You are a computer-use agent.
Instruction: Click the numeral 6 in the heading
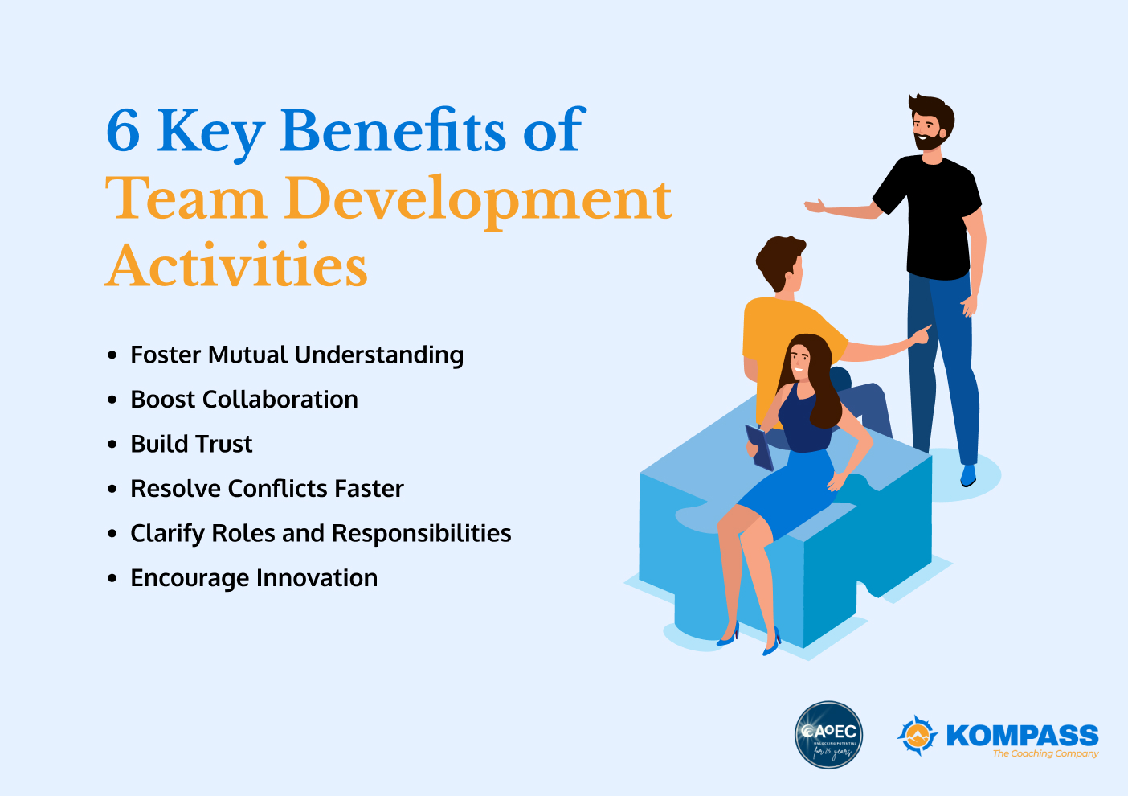tap(124, 130)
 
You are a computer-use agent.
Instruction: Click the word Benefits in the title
tap(393, 130)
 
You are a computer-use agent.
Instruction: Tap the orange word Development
tap(478, 199)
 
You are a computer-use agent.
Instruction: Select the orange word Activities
tap(237, 266)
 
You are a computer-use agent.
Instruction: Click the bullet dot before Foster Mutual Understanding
tap(112, 355)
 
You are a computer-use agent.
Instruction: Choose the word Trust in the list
tap(224, 444)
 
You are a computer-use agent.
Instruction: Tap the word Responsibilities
tap(421, 533)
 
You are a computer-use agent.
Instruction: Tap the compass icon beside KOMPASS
tap(917, 735)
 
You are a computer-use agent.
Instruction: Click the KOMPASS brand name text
tap(1022, 735)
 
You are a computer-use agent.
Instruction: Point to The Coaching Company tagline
tap(1045, 754)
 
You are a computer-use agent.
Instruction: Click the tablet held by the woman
tap(759, 448)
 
